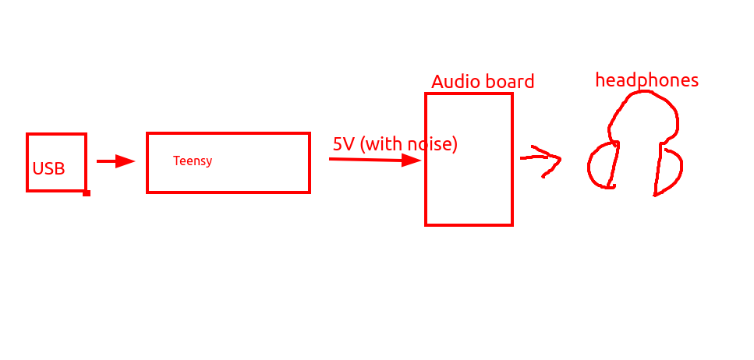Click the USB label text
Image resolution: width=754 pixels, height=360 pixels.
(48, 169)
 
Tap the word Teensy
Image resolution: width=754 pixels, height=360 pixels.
(193, 161)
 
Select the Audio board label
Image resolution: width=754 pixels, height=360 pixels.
(483, 82)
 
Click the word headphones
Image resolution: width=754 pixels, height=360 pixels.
(646, 79)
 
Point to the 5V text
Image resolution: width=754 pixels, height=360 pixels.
(343, 143)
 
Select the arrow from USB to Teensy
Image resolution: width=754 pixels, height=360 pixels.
(116, 161)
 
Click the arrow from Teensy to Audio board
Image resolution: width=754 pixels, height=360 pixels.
(375, 160)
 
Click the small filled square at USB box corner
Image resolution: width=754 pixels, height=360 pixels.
(87, 192)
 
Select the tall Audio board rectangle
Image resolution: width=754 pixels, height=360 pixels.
(426, 159)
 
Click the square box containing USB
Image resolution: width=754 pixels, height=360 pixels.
(27, 162)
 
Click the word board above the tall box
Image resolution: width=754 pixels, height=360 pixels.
(509, 82)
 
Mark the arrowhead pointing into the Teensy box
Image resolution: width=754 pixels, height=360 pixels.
(126, 161)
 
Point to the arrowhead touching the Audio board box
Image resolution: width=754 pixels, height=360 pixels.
(412, 161)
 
